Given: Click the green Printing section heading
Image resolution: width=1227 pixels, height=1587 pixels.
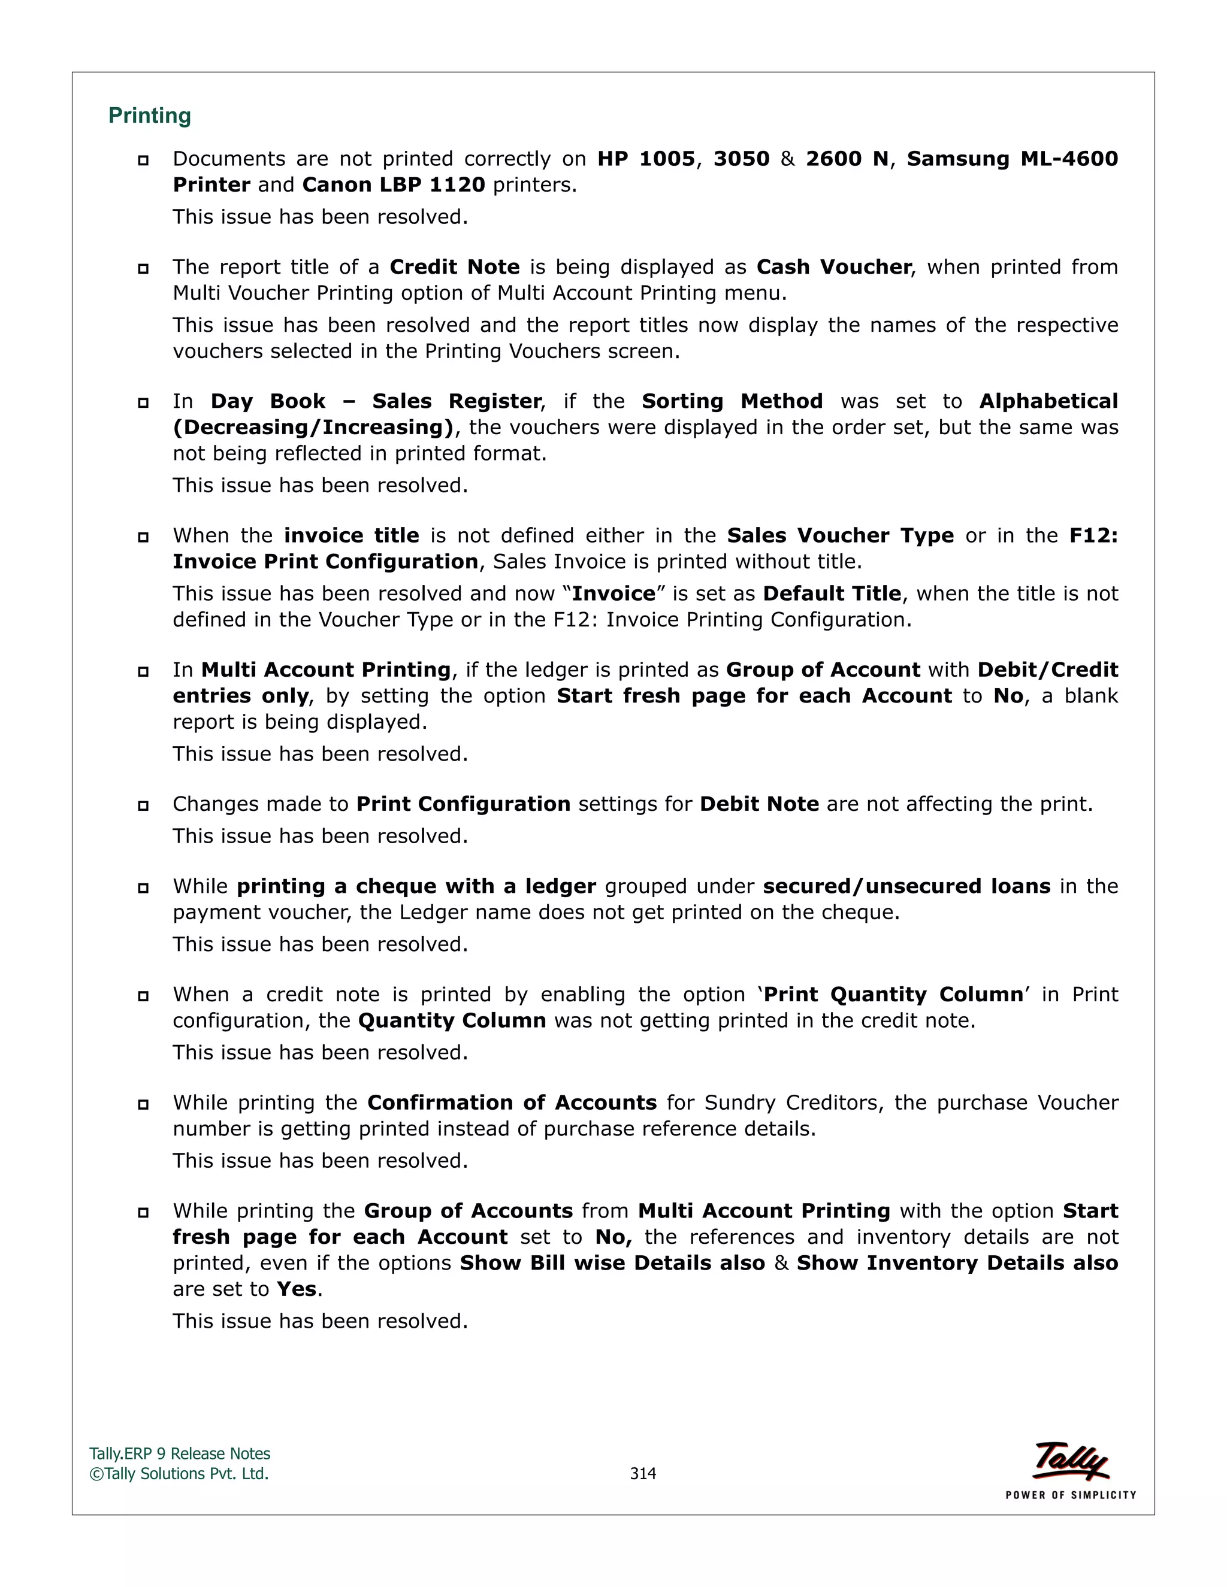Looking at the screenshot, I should pyautogui.click(x=150, y=116).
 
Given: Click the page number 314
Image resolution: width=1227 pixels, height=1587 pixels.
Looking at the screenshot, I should pyautogui.click(x=643, y=1473).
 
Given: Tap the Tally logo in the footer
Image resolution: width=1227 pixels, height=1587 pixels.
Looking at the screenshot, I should pyautogui.click(x=1071, y=1461).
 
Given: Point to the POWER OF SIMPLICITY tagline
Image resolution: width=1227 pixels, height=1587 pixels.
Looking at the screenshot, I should pyautogui.click(x=1070, y=1495).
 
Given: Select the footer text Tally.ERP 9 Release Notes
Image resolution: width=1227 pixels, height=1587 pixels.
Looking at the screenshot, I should pyautogui.click(x=180, y=1453).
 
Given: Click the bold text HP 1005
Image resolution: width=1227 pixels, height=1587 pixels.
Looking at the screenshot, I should pyautogui.click(x=645, y=159).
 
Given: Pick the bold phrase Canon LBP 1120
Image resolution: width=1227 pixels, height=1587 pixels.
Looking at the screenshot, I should pyautogui.click(x=393, y=184).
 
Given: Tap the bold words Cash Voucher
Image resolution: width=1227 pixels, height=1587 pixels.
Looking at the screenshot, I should pyautogui.click(x=833, y=266).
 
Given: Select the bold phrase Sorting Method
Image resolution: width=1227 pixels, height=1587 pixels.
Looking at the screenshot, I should pyautogui.click(x=732, y=401).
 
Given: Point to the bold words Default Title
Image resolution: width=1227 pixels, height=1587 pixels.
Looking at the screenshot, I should pyautogui.click(x=832, y=593).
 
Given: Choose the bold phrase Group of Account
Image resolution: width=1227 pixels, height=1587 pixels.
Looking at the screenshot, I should pyautogui.click(x=823, y=670).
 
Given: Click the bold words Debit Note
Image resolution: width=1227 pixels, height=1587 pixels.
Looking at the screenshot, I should pyautogui.click(x=759, y=804).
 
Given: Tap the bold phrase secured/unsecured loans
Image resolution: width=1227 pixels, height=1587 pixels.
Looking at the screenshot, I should pyautogui.click(x=906, y=886).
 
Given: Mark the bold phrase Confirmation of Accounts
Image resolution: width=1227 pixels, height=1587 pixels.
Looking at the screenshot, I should pyautogui.click(x=512, y=1103).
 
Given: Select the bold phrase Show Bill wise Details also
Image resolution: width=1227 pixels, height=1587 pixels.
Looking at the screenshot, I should pyautogui.click(x=612, y=1263).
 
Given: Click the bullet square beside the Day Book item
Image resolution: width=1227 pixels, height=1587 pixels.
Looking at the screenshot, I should pyautogui.click(x=143, y=402).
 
